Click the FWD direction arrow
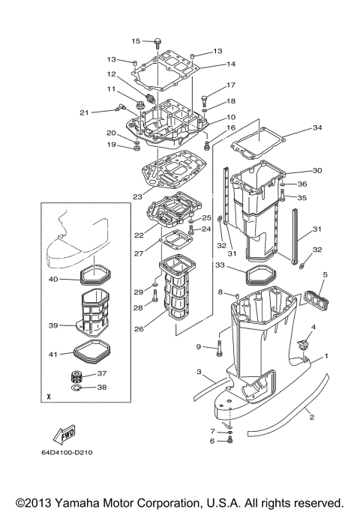pos(64,434)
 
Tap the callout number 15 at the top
pos(136,41)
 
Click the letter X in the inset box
pos(49,394)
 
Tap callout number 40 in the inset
pos(53,280)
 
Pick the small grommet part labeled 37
pos(76,374)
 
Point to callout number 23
pos(136,196)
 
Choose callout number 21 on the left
pos(84,112)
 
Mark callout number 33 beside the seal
pos(220,265)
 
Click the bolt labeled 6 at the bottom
pos(230,440)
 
